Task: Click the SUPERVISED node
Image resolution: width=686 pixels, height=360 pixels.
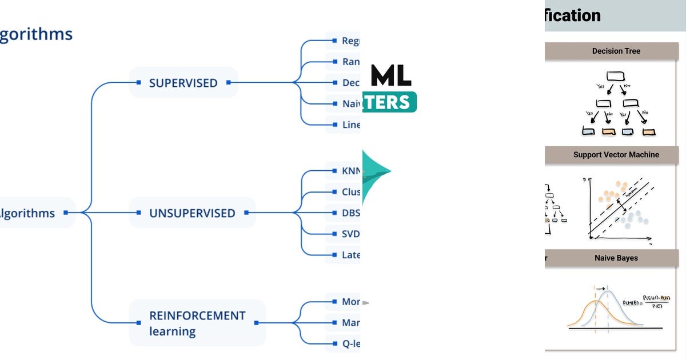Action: tap(183, 83)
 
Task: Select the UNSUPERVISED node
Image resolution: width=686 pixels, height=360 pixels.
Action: tap(192, 213)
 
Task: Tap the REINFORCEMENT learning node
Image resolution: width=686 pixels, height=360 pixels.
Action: tap(197, 323)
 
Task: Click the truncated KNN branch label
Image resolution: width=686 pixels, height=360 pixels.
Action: tap(350, 171)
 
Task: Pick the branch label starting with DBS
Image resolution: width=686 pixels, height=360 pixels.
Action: tap(350, 213)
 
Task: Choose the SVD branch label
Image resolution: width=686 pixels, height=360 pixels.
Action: tap(350, 234)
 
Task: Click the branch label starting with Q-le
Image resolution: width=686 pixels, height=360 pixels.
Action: tap(350, 343)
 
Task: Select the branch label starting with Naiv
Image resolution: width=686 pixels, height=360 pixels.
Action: tap(350, 103)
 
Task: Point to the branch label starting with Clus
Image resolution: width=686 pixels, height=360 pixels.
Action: tap(350, 192)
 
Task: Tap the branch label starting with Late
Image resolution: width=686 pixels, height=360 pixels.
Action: tap(350, 255)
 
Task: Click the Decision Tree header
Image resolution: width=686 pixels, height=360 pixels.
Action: tap(616, 51)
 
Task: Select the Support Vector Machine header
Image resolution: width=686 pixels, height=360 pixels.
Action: tap(616, 154)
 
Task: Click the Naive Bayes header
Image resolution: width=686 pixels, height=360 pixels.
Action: tap(616, 258)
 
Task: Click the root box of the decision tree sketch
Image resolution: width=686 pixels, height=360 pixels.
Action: tap(615, 75)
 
